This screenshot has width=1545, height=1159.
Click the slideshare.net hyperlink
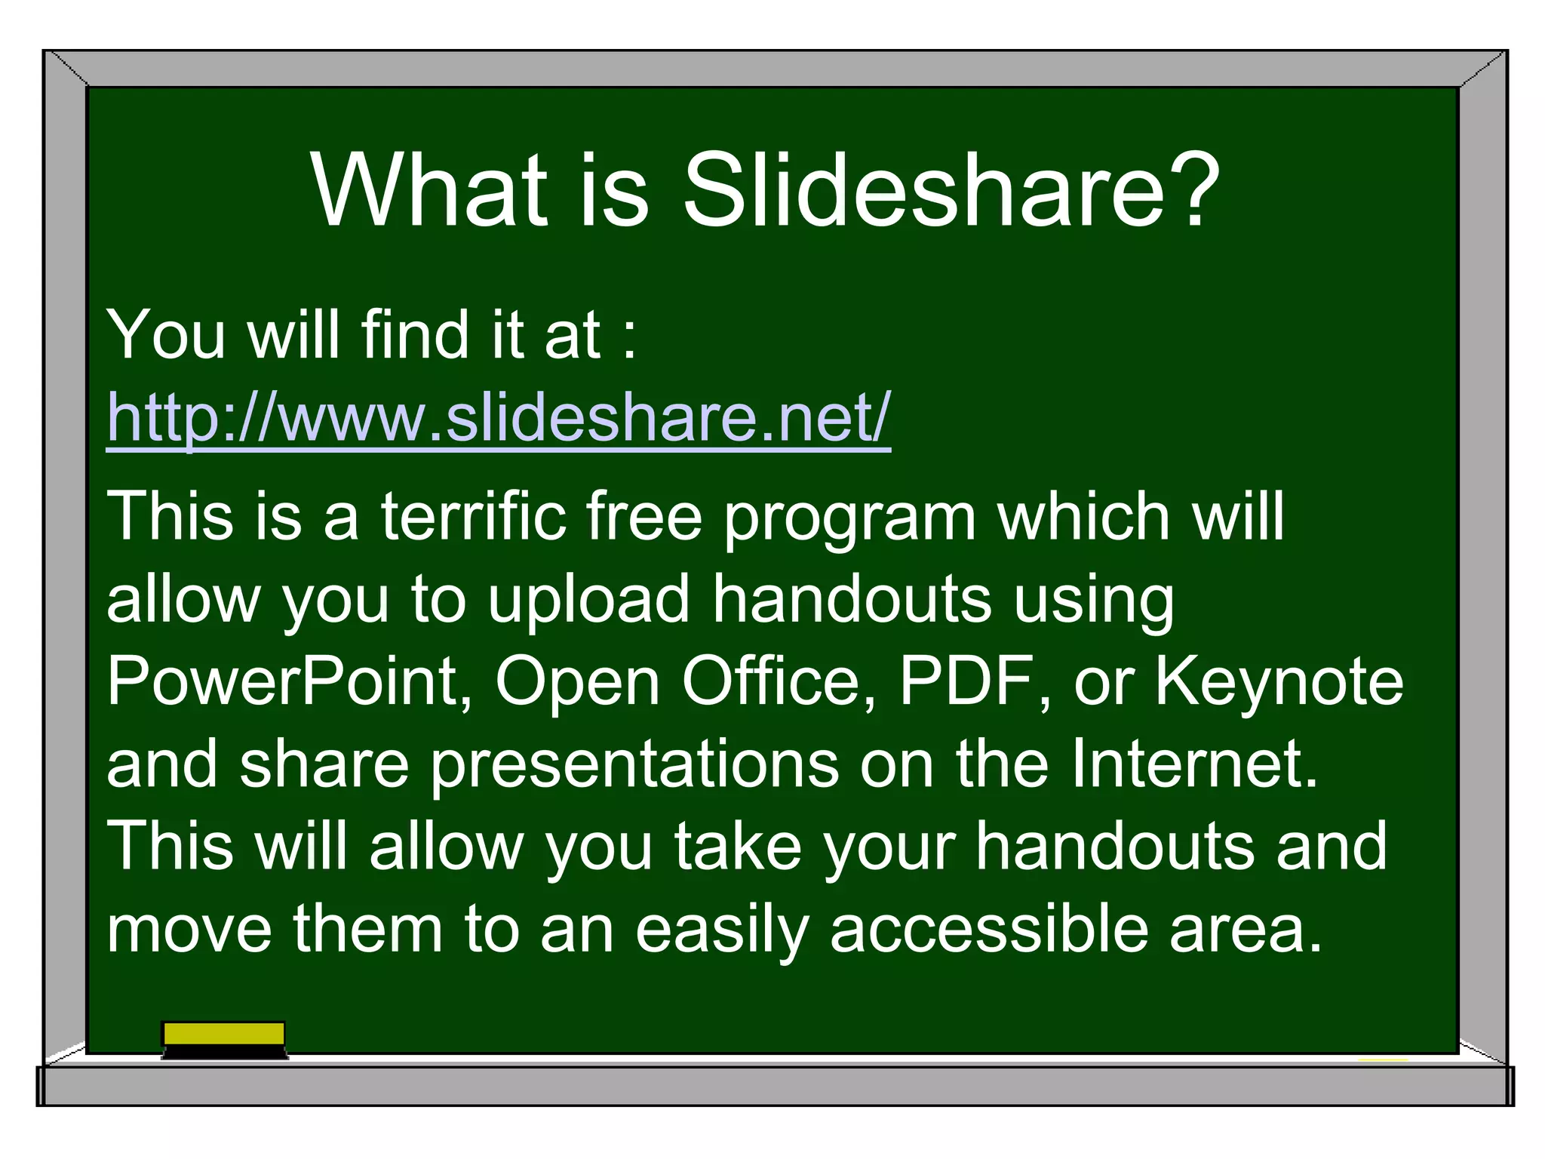point(499,417)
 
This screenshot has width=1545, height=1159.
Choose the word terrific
point(473,516)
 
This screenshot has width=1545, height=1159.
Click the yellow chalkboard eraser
point(224,1039)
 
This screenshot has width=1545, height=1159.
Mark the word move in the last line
point(189,930)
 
